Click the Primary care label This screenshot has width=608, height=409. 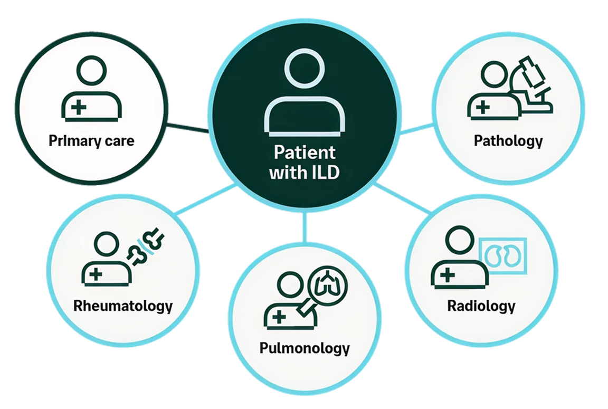(91, 141)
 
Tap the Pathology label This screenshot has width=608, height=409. (508, 141)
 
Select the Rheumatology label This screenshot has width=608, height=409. (123, 306)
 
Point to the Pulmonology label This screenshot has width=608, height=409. (305, 348)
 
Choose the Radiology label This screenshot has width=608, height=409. (481, 306)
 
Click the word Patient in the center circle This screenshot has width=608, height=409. (305, 153)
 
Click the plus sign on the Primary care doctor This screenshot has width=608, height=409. (79, 107)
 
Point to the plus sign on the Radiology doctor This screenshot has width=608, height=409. (448, 275)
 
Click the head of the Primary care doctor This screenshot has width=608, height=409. (91, 70)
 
